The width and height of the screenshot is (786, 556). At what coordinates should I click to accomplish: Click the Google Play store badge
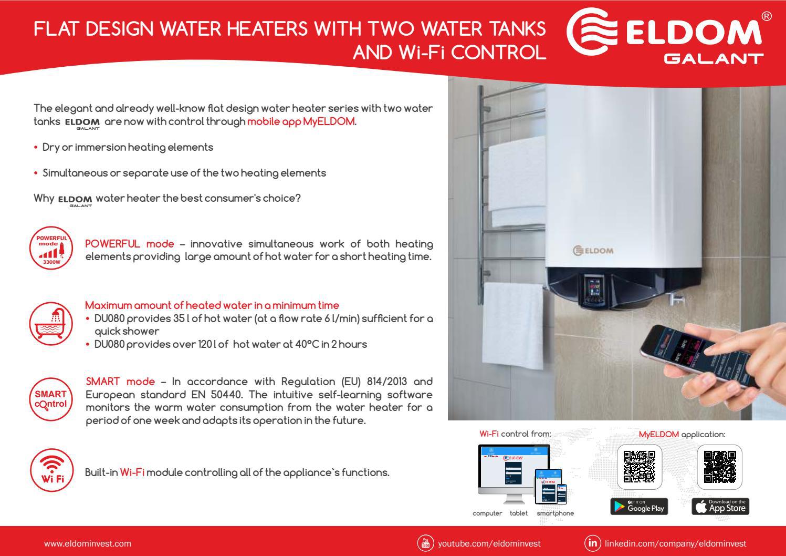tap(639, 507)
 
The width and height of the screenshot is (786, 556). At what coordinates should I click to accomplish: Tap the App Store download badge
tap(720, 507)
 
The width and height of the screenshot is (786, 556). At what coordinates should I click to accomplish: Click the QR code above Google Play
tap(639, 466)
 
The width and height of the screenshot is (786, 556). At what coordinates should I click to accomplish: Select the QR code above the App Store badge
tap(720, 466)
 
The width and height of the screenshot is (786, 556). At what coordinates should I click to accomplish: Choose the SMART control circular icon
tap(51, 399)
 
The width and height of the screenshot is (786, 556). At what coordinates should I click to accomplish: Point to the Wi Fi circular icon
tap(51, 471)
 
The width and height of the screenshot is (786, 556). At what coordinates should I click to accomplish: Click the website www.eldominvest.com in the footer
tap(88, 543)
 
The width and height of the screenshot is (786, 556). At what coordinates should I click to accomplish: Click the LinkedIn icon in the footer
tap(592, 543)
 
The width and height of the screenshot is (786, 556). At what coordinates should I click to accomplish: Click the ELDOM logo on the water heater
tap(593, 250)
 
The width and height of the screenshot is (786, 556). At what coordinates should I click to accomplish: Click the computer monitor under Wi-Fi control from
tap(513, 468)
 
